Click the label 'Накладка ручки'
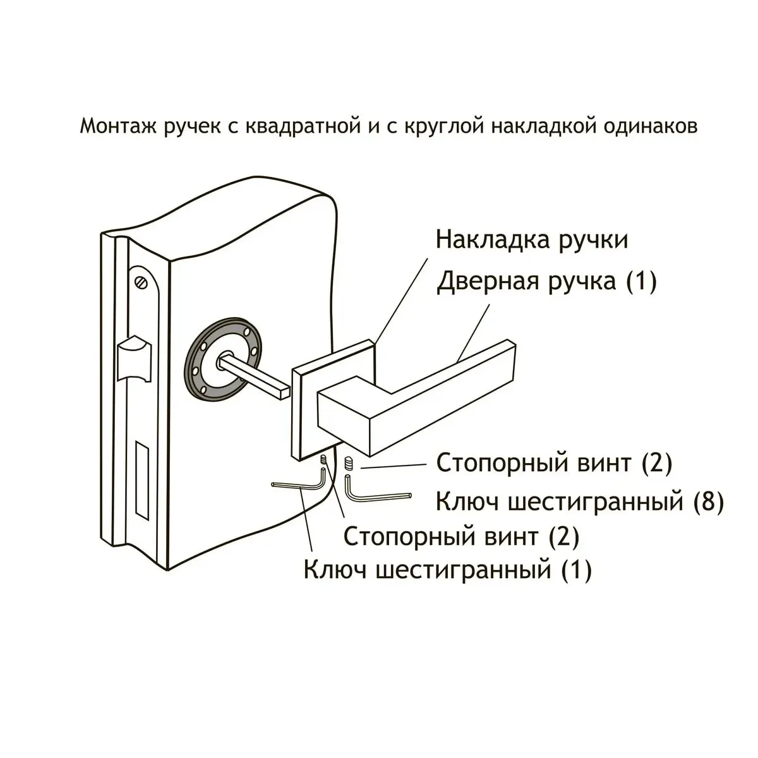tap(532, 241)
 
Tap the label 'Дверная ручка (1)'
tap(546, 281)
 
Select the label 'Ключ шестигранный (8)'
tap(579, 502)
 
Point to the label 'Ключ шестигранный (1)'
tap(447, 570)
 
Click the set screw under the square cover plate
tap(324, 460)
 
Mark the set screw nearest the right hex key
tap(348, 464)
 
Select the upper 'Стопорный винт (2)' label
tap(553, 463)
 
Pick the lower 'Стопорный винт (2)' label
tap(460, 537)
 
